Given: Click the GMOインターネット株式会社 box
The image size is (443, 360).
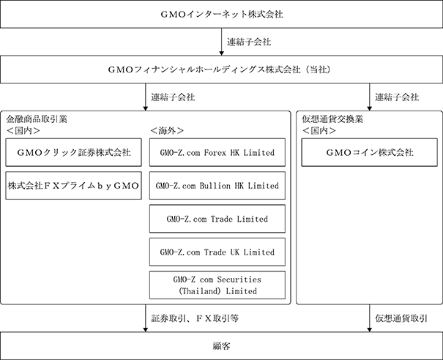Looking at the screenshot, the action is click(x=221, y=14).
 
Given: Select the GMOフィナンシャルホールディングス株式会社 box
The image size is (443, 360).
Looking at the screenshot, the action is click(x=221, y=70).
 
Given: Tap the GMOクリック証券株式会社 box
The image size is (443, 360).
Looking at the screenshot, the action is click(x=73, y=152).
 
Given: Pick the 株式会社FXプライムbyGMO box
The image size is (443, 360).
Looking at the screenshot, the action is click(x=73, y=186).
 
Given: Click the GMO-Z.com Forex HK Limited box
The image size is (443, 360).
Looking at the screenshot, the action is click(x=217, y=152).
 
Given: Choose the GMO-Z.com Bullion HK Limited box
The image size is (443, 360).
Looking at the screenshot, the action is click(x=217, y=186).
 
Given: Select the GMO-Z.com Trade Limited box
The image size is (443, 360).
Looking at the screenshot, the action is click(x=217, y=219).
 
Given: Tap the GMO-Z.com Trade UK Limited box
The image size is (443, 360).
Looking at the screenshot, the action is click(x=217, y=252).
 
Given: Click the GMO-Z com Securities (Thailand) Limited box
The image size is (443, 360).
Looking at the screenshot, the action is click(x=217, y=285).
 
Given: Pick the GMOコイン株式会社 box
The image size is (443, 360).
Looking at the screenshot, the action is click(x=370, y=152).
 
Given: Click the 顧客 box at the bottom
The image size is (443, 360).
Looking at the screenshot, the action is click(x=221, y=346).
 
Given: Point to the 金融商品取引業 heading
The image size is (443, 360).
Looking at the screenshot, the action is click(x=37, y=119).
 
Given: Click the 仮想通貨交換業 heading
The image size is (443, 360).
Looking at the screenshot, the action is click(x=332, y=119).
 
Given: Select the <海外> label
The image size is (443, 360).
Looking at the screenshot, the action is click(x=167, y=130).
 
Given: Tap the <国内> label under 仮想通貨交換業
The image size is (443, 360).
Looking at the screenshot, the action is click(x=319, y=130).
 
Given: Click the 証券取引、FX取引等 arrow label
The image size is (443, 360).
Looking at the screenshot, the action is click(x=195, y=318).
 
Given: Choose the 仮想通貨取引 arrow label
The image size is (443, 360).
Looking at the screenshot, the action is click(x=401, y=318).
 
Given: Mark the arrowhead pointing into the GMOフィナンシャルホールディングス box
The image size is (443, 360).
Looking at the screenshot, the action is click(x=221, y=53).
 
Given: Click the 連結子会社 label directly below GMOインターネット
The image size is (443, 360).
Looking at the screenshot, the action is click(x=249, y=42).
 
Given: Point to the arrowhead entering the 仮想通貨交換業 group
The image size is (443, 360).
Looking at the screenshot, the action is click(x=369, y=109).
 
